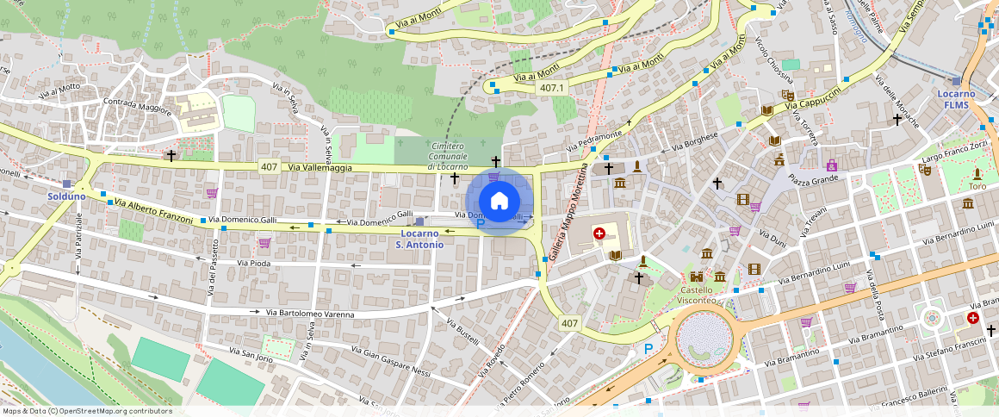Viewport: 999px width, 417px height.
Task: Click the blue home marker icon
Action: [x=499, y=201]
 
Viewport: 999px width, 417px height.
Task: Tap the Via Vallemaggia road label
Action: [x=320, y=168]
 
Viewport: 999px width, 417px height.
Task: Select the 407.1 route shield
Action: [x=552, y=89]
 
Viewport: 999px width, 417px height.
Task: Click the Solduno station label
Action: [x=66, y=196]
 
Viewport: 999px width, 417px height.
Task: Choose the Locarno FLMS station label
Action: [x=956, y=99]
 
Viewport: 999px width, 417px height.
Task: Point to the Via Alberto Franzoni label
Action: [x=153, y=212]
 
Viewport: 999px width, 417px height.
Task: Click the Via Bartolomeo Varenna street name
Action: [x=310, y=314]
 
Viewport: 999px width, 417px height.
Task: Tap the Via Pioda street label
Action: [x=254, y=263]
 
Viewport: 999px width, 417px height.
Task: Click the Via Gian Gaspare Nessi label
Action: [x=391, y=361]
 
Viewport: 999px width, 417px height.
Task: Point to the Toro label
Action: [x=977, y=186]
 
